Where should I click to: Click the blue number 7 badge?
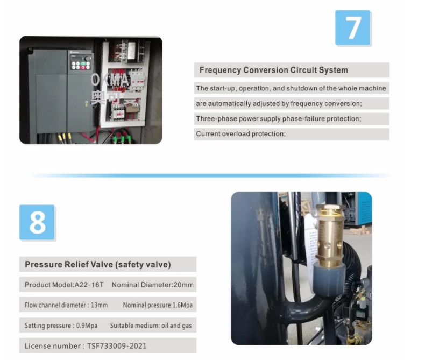352,27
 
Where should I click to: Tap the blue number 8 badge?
37,222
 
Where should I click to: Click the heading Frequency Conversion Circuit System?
273,70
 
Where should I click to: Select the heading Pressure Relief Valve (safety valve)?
98,264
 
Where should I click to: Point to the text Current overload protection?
240,134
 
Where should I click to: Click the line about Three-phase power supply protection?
279,119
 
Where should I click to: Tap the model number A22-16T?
89,285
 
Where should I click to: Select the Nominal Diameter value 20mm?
183,285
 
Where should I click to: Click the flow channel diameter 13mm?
99,305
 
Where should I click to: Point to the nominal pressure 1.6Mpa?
182,305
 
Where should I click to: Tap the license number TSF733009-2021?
117,346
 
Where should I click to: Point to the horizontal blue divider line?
210,175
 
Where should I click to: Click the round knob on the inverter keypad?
88,58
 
